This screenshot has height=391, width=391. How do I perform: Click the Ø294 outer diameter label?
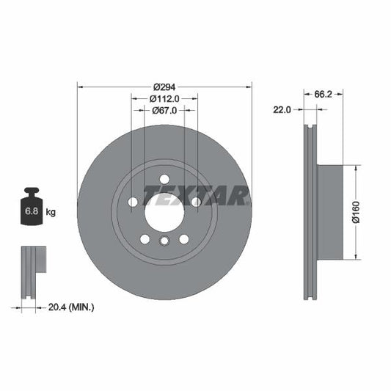164,85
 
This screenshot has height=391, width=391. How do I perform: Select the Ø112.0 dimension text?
164,98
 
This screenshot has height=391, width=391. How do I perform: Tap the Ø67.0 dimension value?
164,111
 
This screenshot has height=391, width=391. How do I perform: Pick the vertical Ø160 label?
354,212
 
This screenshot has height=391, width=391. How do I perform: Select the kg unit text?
51,213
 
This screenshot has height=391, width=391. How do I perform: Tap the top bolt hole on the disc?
164,178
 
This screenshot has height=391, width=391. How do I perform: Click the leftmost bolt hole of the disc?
133,202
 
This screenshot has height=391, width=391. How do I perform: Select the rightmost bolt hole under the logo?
196,202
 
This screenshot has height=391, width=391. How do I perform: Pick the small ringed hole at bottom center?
164,241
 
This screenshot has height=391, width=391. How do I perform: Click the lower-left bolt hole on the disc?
145,238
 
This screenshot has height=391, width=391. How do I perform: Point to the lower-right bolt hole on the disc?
183,238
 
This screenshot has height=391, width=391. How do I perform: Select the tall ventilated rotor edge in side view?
310,211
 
